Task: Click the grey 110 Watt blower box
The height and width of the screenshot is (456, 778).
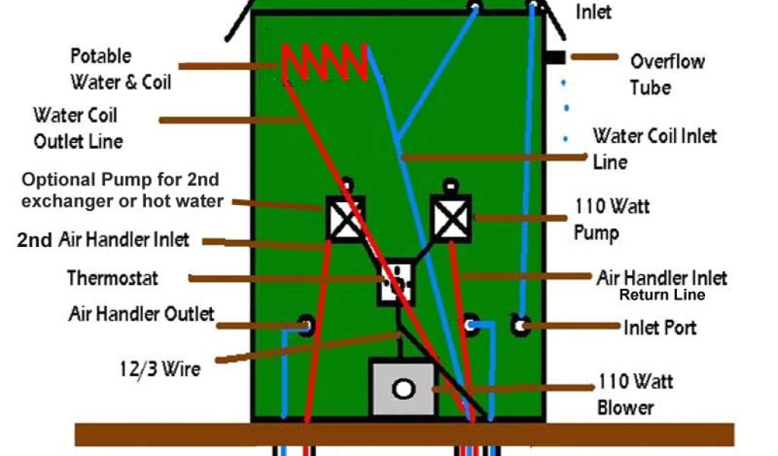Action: tap(403, 388)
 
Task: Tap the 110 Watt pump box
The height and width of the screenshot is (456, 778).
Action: tap(451, 217)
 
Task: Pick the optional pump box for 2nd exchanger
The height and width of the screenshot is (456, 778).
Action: tap(346, 219)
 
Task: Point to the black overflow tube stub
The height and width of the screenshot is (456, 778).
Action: tap(555, 57)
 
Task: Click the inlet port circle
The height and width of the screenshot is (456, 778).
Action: tap(520, 326)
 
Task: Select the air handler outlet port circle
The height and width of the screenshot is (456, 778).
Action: tap(305, 325)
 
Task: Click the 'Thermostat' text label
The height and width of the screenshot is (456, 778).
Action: tap(112, 278)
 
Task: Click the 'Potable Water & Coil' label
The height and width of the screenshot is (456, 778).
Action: tap(120, 68)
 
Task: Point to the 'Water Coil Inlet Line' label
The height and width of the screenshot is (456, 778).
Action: tap(654, 148)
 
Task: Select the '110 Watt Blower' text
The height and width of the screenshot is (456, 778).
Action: tap(635, 394)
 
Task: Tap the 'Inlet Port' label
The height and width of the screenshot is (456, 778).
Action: tap(659, 328)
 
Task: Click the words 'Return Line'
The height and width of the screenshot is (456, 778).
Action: tap(662, 295)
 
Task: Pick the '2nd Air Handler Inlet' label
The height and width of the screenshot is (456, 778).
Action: tap(103, 241)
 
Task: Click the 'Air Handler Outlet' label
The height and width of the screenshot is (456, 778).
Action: tap(141, 314)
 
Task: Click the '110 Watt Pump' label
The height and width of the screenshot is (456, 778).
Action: tap(612, 218)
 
